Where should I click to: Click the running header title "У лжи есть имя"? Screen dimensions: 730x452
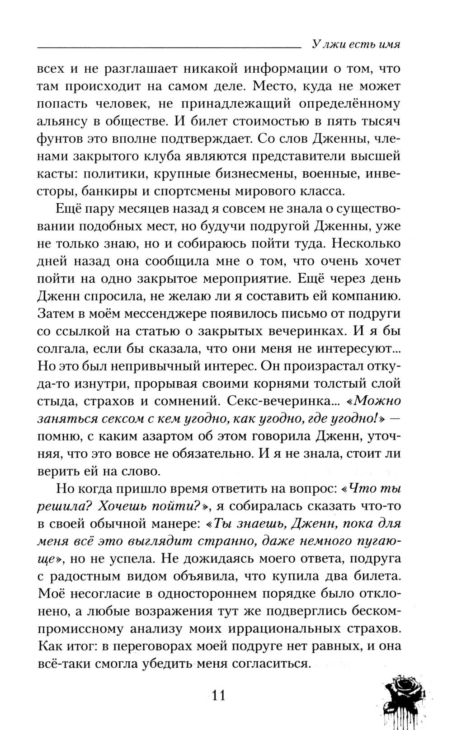tap(356, 45)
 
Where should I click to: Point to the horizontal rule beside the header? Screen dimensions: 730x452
tap(167, 47)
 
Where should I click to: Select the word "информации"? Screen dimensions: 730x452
tap(291, 69)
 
